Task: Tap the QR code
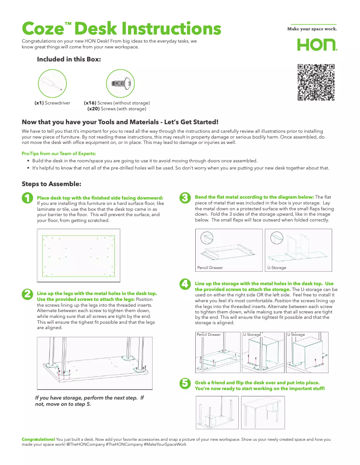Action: pos(316,83)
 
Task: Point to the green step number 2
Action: pos(27,294)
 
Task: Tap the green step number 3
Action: pos(184,198)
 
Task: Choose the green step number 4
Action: pos(184,284)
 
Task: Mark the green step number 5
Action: pos(184,383)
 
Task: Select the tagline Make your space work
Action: pos(312,29)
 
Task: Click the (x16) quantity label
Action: pos(90,103)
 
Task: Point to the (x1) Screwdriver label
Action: pos(53,103)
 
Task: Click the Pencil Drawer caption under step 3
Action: pos(210,268)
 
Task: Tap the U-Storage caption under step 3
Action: pos(277,268)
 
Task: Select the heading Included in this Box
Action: pos(69,59)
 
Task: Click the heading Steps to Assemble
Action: pos(52,184)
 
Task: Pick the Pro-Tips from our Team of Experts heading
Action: pos(58,154)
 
